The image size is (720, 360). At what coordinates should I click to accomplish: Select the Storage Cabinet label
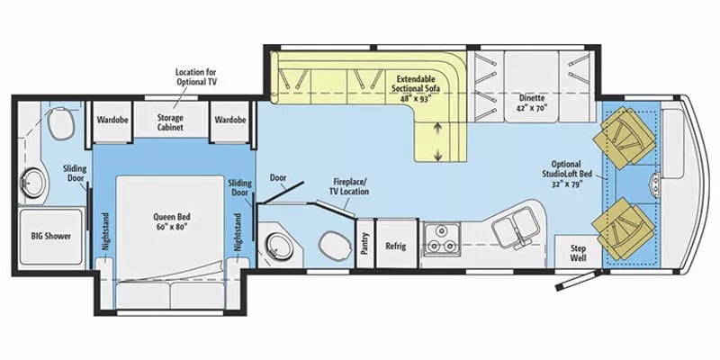click(x=170, y=122)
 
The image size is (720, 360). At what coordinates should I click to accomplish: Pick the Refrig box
click(x=396, y=244)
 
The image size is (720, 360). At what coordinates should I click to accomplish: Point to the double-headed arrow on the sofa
click(x=438, y=143)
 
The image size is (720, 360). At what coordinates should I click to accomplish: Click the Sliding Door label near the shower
click(x=74, y=173)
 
